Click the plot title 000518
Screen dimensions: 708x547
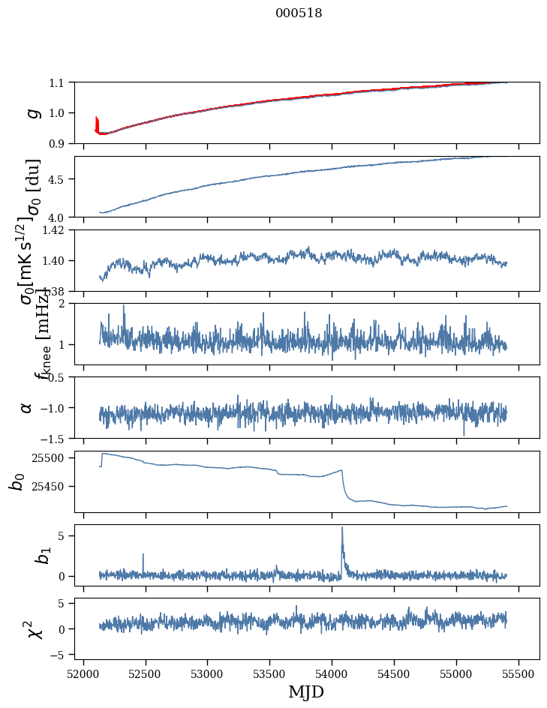point(299,13)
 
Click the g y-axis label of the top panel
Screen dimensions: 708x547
point(32,112)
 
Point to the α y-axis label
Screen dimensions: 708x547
point(27,407)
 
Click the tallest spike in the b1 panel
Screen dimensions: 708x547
point(342,528)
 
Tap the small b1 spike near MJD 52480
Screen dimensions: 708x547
point(143,555)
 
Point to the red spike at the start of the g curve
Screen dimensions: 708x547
point(97,122)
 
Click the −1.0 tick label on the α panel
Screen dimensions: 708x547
point(55,407)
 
